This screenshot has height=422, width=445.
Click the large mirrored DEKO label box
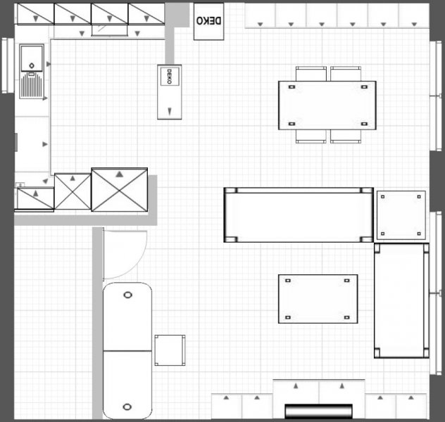(208, 21)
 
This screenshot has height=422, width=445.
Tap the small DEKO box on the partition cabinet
(170, 76)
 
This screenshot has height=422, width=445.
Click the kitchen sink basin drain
(32, 65)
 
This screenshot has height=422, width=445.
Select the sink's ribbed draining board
(32, 84)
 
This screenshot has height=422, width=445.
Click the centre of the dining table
(327, 105)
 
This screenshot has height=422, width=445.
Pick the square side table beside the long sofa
(401, 215)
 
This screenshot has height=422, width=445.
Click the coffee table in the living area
(318, 299)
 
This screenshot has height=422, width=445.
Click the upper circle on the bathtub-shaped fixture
(127, 295)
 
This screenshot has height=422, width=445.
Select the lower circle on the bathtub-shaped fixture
(127, 407)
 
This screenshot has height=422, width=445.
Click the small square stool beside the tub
(170, 350)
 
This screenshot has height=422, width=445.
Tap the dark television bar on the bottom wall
(318, 411)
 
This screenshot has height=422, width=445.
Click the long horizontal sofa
(299, 215)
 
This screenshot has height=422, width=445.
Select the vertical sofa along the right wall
(401, 300)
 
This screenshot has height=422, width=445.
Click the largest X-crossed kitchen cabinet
(120, 190)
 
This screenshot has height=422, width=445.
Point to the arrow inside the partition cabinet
(170, 111)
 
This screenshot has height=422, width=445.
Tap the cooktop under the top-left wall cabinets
(109, 30)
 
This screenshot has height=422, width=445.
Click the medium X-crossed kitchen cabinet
(73, 191)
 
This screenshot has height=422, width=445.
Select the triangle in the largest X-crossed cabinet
(120, 174)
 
